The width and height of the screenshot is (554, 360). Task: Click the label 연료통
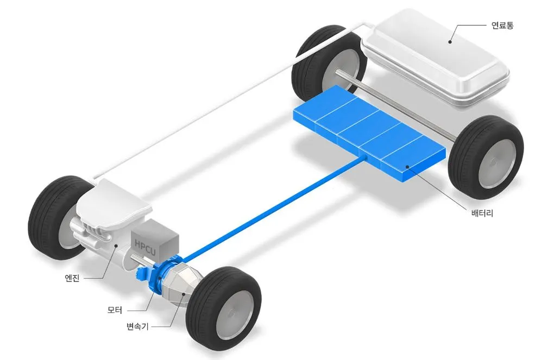click(x=502, y=26)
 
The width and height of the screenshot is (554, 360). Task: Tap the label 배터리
click(x=482, y=213)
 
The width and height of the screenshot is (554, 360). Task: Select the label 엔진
click(x=72, y=278)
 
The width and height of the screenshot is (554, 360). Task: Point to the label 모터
click(x=115, y=310)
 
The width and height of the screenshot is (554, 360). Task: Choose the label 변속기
click(x=137, y=326)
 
